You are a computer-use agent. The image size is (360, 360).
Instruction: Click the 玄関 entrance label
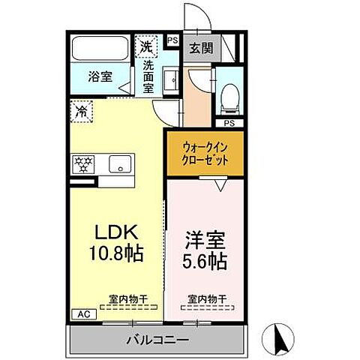point(200,49)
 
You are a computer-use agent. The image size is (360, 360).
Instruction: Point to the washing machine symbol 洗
point(146,46)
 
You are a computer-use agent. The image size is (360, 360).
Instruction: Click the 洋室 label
point(205,242)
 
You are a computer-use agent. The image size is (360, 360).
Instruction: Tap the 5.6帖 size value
point(205,264)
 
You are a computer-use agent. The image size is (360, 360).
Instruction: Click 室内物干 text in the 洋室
point(205,299)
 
